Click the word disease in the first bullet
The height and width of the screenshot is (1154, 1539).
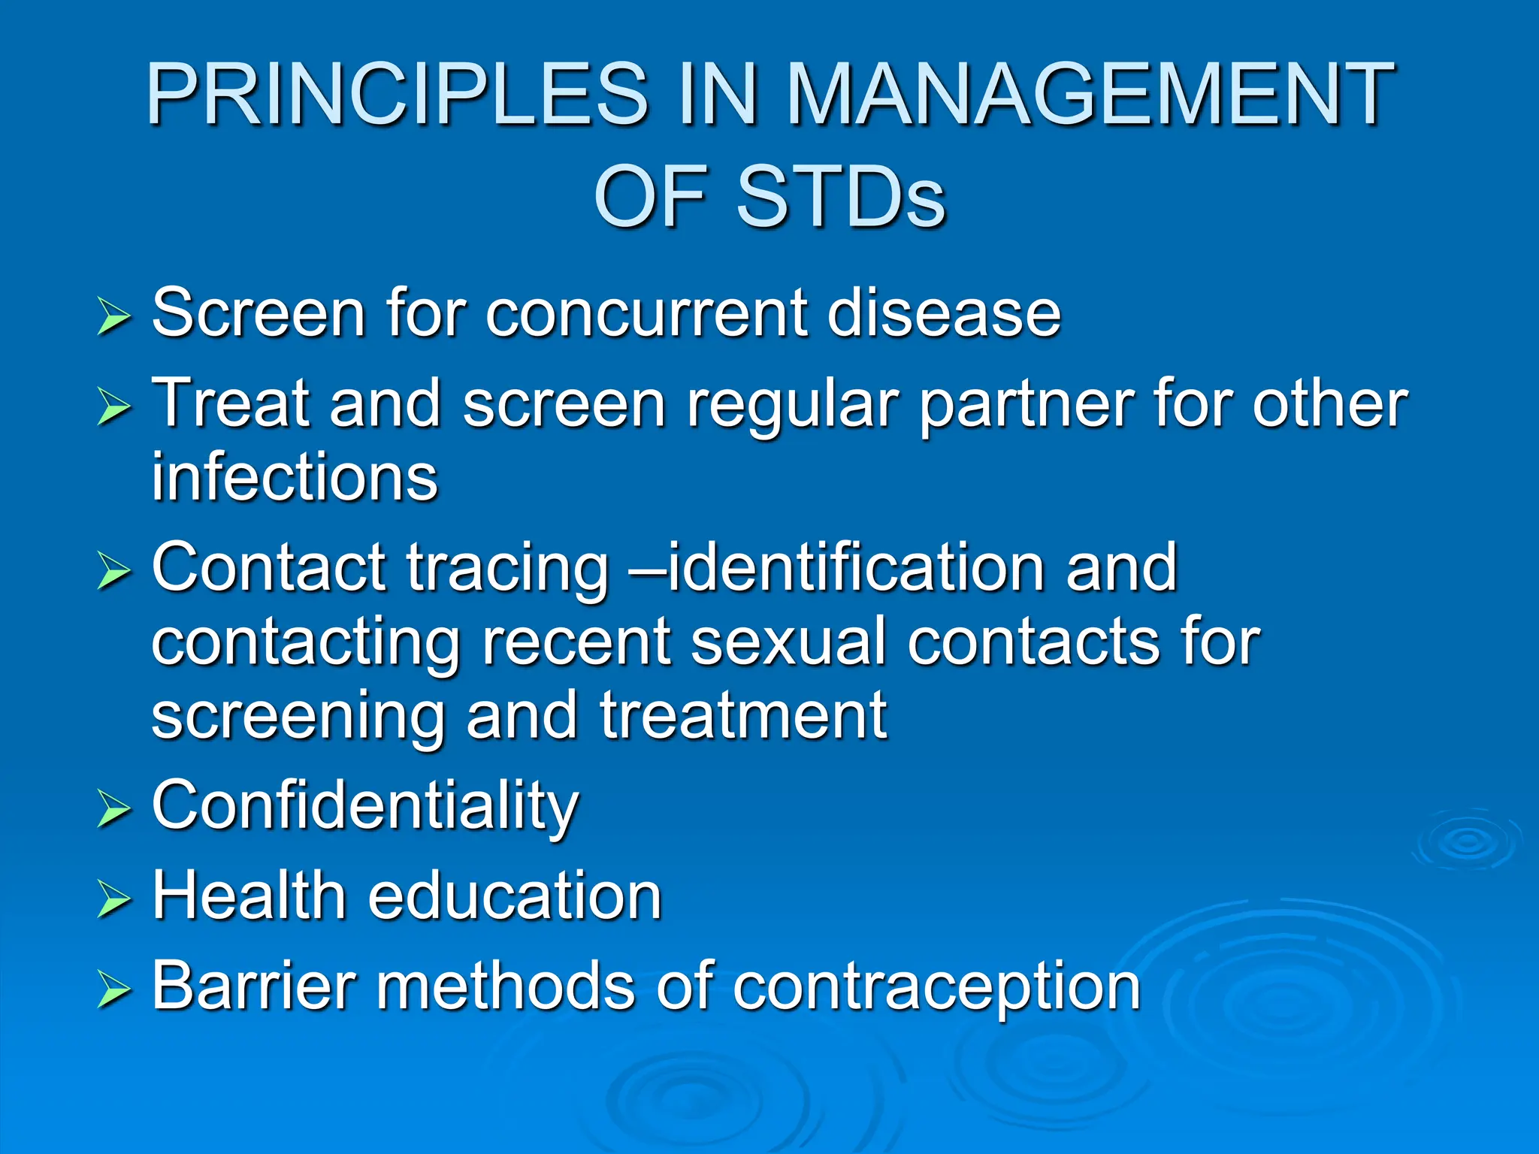[944, 313]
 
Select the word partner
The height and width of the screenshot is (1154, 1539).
[1026, 406]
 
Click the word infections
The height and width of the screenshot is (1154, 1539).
[295, 478]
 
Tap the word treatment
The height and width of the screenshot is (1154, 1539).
[744, 716]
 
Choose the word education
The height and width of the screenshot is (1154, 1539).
[515, 896]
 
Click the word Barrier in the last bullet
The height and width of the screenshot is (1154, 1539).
[254, 986]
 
